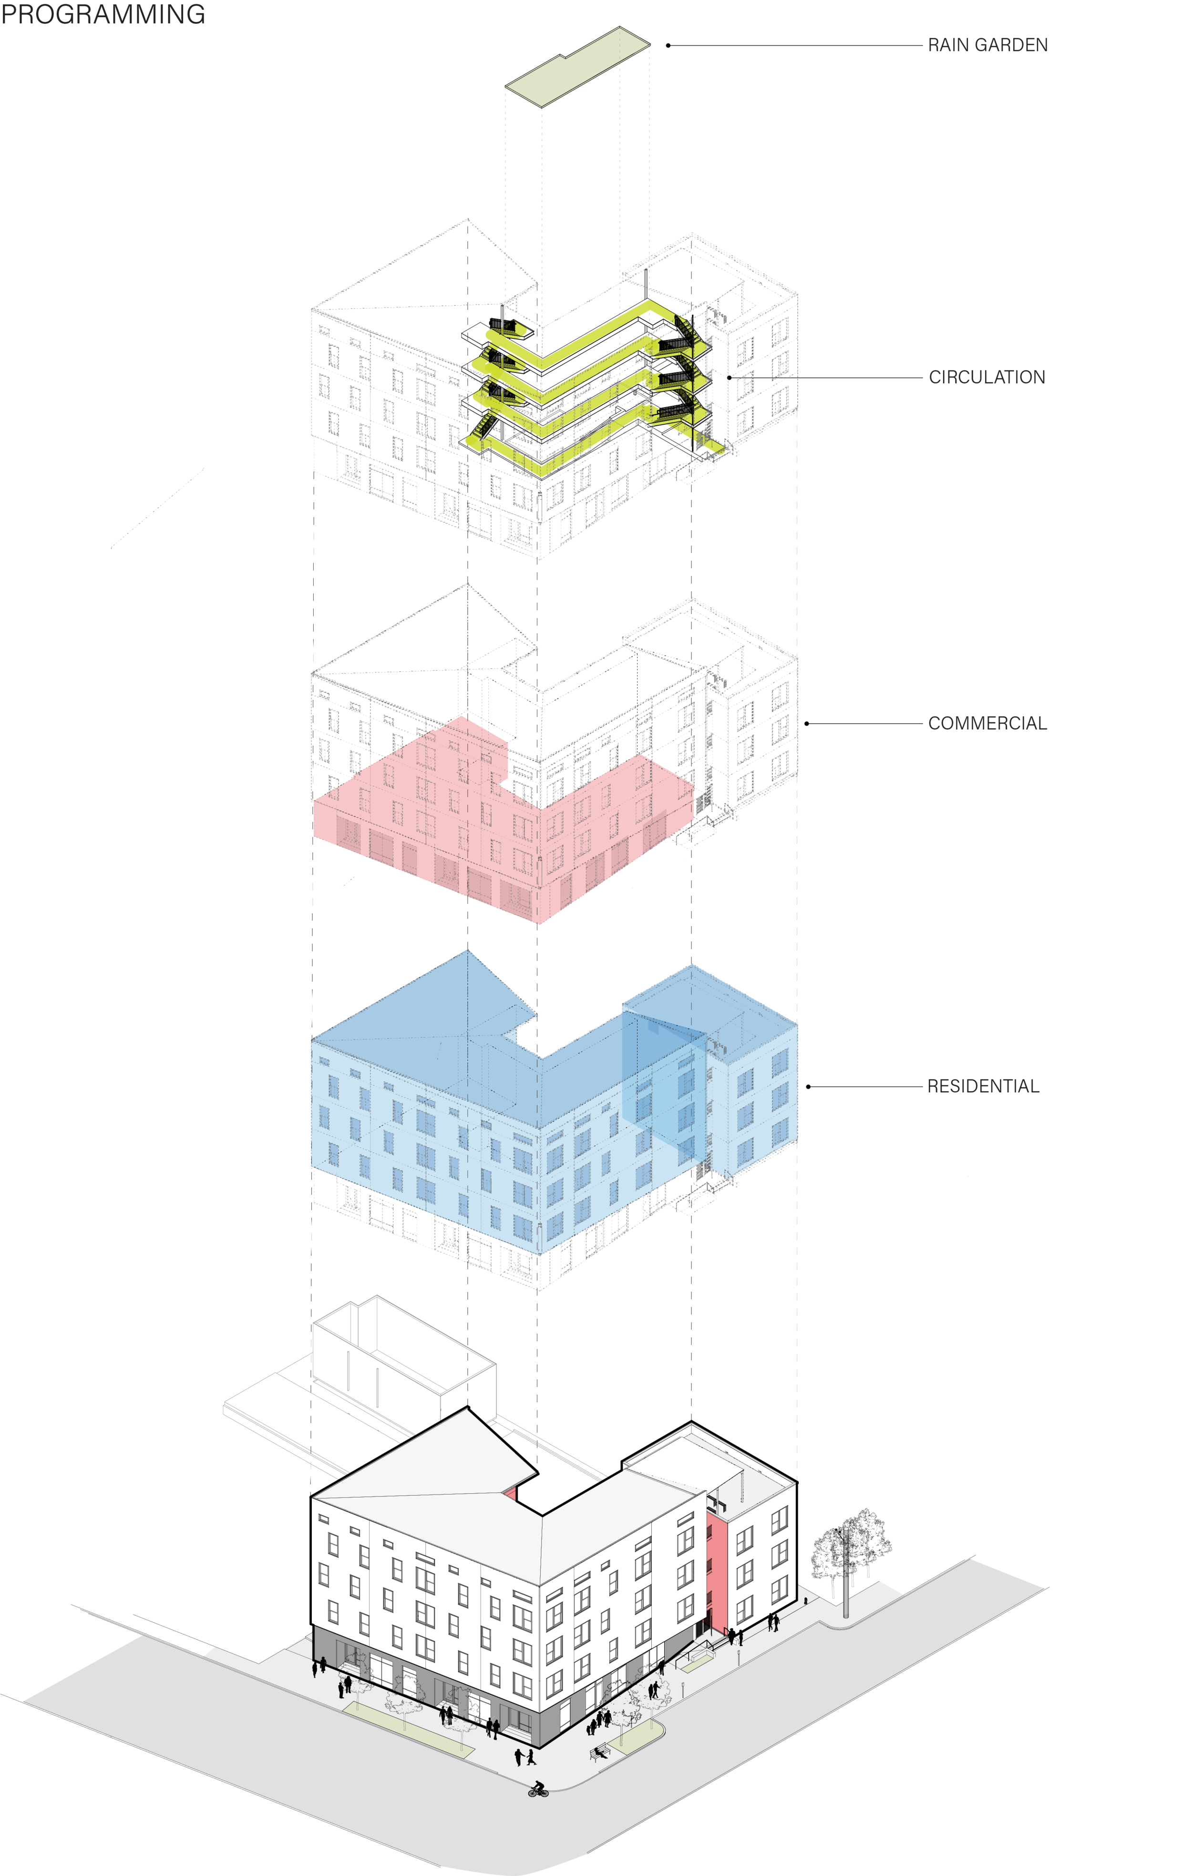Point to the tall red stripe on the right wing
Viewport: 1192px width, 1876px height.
click(x=718, y=1574)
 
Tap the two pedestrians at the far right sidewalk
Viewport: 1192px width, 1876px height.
click(x=773, y=1620)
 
